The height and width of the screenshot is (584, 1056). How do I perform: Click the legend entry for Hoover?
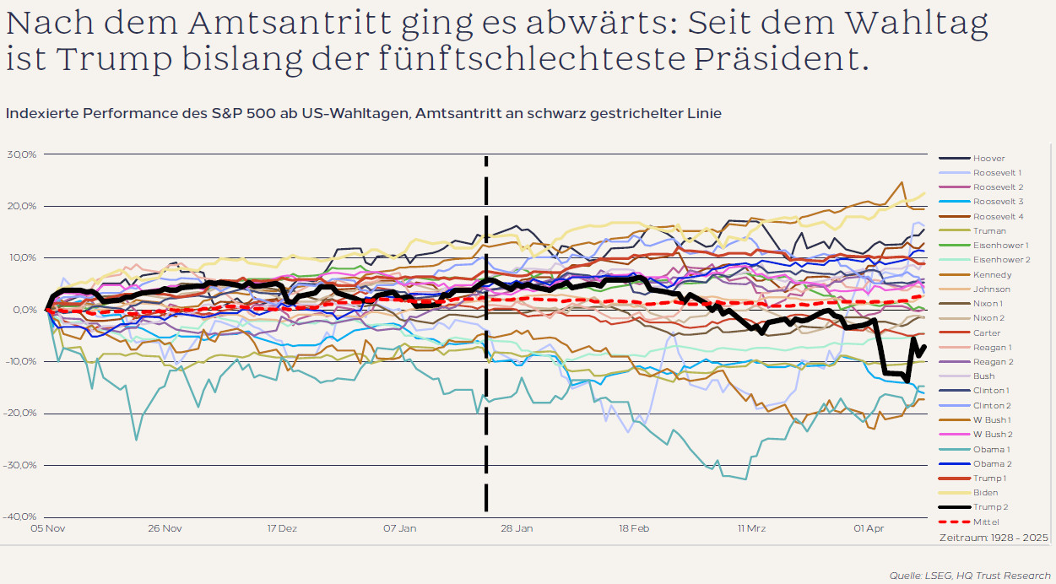[x=988, y=158]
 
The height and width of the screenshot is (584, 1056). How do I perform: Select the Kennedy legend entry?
[x=992, y=274]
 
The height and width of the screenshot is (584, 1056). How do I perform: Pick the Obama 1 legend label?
[x=991, y=449]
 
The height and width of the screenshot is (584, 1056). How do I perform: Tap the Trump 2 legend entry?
[x=990, y=507]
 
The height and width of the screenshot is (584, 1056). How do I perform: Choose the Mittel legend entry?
[x=986, y=522]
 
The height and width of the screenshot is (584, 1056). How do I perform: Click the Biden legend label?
[x=985, y=493]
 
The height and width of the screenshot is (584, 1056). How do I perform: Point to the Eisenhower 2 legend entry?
[x=1001, y=260]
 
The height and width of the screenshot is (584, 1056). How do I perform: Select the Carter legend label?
[x=987, y=333]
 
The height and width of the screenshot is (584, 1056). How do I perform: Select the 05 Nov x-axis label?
[x=48, y=529]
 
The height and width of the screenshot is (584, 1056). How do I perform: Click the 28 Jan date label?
[x=517, y=529]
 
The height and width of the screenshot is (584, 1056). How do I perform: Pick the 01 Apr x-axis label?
[x=869, y=529]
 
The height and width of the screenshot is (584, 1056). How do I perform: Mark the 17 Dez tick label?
[x=282, y=529]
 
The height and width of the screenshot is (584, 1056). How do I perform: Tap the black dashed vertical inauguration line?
[x=486, y=380]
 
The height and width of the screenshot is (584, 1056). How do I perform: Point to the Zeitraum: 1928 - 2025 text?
[x=994, y=537]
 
